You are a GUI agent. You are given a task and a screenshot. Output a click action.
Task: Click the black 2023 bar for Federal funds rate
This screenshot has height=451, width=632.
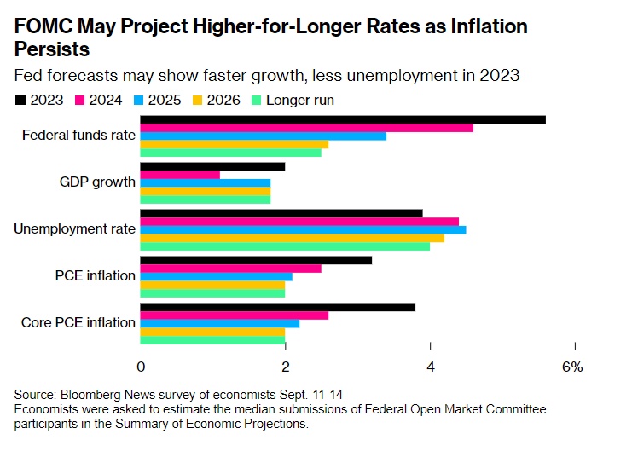342,119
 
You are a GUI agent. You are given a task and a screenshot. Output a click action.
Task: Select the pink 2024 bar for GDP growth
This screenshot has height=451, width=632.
180,175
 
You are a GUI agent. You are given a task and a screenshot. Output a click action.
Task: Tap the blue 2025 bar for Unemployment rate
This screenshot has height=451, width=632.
303,230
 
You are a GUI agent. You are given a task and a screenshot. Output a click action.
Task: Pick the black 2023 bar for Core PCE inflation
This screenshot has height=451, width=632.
277,307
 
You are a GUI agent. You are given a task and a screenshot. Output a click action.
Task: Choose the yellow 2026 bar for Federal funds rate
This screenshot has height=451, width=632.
234,145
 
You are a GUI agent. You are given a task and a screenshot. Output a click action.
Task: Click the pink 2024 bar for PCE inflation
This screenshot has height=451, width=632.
230,269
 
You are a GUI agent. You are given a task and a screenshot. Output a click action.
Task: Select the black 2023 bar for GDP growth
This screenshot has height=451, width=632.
212,166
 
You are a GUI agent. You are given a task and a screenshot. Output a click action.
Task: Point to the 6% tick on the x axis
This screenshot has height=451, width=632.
572,367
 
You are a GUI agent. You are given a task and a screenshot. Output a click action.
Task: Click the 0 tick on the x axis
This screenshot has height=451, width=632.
141,367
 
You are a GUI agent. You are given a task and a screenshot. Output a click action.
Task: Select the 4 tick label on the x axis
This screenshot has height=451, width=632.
431,367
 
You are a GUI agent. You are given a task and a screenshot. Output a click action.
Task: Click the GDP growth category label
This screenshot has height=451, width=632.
97,182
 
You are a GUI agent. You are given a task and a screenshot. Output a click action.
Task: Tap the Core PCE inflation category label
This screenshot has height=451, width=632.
79,322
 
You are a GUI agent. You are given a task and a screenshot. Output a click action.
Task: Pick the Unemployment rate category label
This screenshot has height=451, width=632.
75,228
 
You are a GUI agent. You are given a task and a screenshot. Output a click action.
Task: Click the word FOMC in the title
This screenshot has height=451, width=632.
41,26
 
